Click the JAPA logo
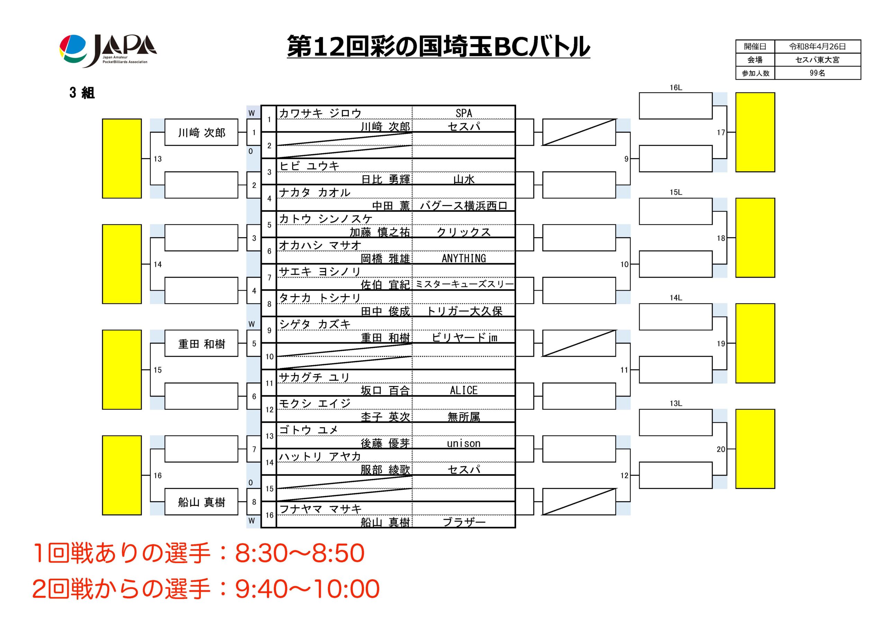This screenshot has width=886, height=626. [x=108, y=50]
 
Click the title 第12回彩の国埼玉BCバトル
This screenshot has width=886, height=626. [x=439, y=46]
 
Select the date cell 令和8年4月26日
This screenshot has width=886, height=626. [x=817, y=47]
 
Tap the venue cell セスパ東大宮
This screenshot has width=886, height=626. [x=817, y=60]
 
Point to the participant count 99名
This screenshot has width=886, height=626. [x=817, y=73]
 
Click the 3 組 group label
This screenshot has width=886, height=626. [x=82, y=93]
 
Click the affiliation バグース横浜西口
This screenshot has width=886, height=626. [x=463, y=205]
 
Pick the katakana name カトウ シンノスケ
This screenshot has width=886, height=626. [x=325, y=219]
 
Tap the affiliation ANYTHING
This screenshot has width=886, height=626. [x=463, y=258]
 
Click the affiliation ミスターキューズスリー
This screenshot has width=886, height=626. [x=464, y=285]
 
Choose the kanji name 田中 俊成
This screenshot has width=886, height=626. [x=385, y=311]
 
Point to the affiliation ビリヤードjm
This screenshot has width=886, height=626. [x=464, y=338]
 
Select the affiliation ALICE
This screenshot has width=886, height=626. [x=463, y=390]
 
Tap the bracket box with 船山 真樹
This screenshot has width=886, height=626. [x=201, y=502]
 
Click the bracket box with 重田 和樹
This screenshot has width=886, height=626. [x=201, y=343]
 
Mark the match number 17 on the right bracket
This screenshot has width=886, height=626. [x=721, y=132]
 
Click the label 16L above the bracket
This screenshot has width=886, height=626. [x=676, y=88]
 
